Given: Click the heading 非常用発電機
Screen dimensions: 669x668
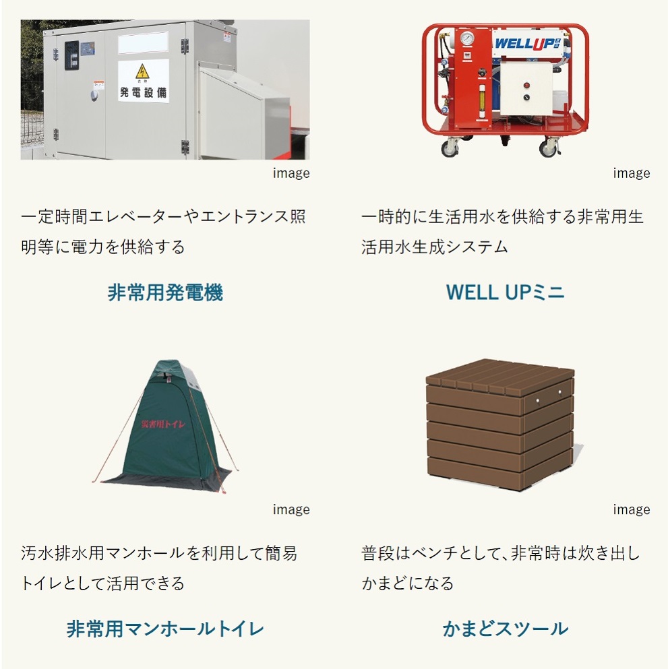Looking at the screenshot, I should pyautogui.click(x=165, y=293).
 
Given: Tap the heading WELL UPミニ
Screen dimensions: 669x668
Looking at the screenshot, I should pyautogui.click(x=505, y=293).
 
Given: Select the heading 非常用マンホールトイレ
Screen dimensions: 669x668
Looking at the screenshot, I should pyautogui.click(x=165, y=629).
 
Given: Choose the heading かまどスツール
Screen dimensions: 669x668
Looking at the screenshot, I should pyautogui.click(x=505, y=629).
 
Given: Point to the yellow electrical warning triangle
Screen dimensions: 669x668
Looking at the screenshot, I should pyautogui.click(x=142, y=71).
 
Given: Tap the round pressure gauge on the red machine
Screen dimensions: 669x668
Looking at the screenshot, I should pyautogui.click(x=466, y=38).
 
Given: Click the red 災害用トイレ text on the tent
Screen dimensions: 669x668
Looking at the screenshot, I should pyautogui.click(x=164, y=424).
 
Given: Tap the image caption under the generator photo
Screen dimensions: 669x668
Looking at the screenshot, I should pyautogui.click(x=291, y=173).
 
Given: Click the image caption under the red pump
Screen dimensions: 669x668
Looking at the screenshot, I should pyautogui.click(x=631, y=173).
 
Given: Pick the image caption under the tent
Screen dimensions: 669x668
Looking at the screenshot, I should pyautogui.click(x=291, y=509).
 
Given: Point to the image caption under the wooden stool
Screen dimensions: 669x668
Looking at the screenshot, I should pyautogui.click(x=631, y=509).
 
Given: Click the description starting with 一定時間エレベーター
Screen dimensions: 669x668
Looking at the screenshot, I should pyautogui.click(x=163, y=232).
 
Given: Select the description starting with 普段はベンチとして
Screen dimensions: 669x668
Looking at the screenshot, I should pyautogui.click(x=500, y=568).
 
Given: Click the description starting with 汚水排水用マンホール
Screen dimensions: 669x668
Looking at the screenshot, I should pyautogui.click(x=159, y=568).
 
